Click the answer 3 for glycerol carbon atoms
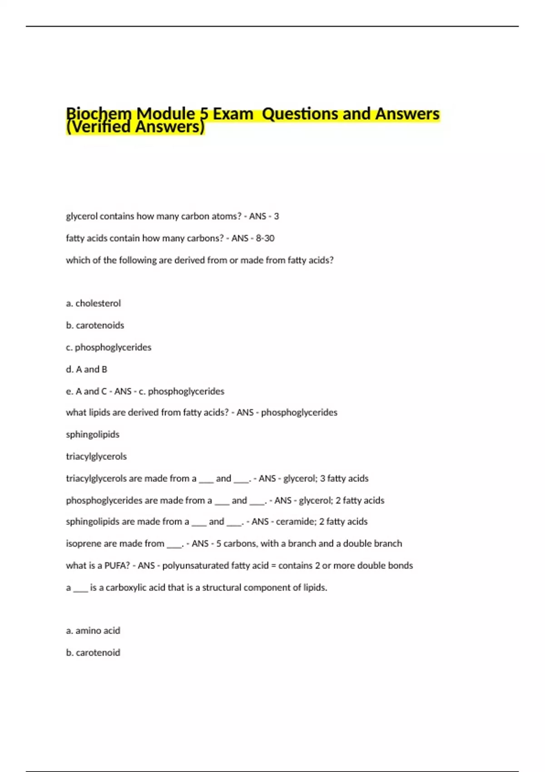276,216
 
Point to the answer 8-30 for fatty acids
265,238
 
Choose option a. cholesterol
93,303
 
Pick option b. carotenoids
95,325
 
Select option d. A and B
86,369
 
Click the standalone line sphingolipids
93,434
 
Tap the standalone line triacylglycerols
96,456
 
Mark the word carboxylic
126,588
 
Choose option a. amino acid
93,630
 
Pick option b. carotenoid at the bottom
93,653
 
